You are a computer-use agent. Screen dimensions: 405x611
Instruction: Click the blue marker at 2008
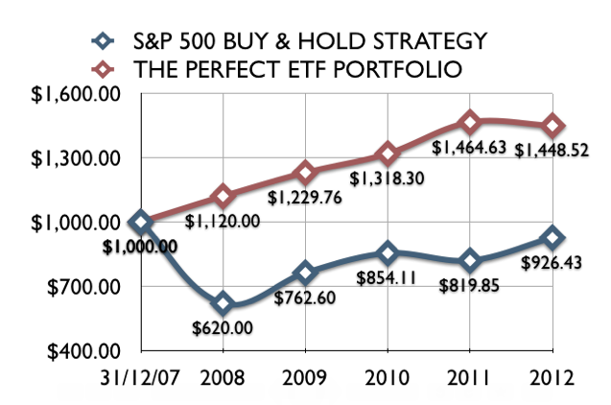click(223, 304)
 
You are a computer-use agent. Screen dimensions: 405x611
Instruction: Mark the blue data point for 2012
click(553, 237)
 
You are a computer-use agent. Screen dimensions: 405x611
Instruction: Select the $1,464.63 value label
click(467, 147)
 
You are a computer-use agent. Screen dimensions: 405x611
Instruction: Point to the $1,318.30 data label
click(387, 178)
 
